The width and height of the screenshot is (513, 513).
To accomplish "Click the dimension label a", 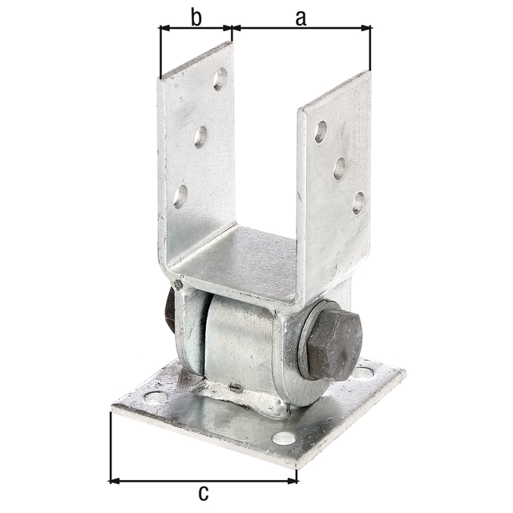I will click(x=301, y=18).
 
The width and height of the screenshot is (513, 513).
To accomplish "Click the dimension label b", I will click(x=196, y=18).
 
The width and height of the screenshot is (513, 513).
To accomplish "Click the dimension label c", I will click(x=203, y=492).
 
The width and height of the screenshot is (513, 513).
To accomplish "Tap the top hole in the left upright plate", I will click(x=220, y=78).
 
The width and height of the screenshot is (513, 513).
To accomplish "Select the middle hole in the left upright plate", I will click(x=200, y=136).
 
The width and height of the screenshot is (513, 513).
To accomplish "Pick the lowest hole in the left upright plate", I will click(x=181, y=196).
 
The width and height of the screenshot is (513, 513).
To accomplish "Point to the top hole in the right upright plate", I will click(x=321, y=132).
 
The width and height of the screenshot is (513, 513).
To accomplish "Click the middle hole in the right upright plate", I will click(x=340, y=168).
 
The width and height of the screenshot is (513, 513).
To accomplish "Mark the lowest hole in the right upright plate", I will click(x=358, y=202).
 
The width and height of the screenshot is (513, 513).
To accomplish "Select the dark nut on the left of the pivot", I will click(x=170, y=309).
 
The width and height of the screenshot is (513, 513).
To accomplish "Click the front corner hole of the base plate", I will click(x=283, y=438).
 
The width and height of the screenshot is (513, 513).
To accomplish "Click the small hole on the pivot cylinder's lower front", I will click(x=236, y=387).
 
